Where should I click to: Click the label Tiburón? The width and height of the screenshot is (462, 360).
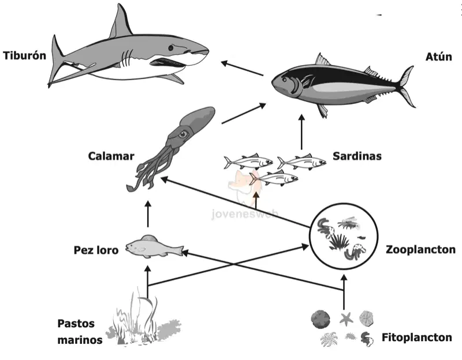tap(24, 55)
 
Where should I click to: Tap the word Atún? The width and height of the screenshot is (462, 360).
tap(439, 57)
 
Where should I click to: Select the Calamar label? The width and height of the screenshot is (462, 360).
tap(111, 156)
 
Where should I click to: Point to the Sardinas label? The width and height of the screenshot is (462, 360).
tap(357, 156)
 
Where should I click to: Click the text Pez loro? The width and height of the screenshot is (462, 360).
tap(96, 250)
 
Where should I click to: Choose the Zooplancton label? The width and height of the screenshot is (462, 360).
tap(421, 250)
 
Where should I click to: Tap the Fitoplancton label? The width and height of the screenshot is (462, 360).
tap(417, 337)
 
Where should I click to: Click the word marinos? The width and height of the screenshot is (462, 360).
tap(80, 340)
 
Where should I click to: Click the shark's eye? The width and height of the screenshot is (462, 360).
tap(171, 48)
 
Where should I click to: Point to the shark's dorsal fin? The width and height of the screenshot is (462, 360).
tap(120, 22)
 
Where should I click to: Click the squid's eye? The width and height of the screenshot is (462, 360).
tap(183, 134)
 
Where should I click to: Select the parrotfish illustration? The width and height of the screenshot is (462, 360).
tap(154, 247)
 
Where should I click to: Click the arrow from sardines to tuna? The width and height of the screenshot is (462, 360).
tap(301, 132)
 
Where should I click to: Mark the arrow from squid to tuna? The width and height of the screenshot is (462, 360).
tap(244, 113)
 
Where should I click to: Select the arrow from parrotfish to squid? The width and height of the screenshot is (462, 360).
tap(148, 214)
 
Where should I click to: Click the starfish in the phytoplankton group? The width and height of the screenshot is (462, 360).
tap(346, 319)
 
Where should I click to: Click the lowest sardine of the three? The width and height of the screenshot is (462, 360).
tap(274, 178)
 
